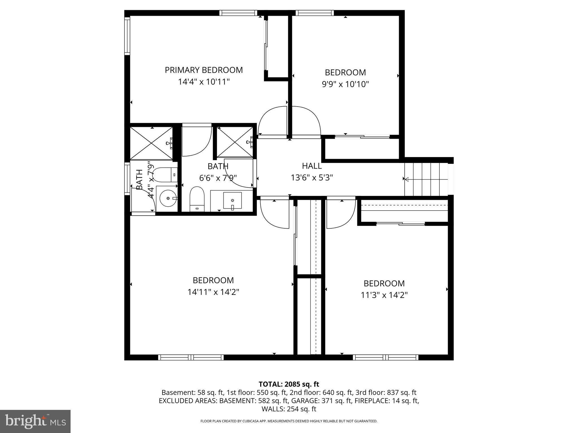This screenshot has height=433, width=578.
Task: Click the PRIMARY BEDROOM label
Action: [x=204, y=70]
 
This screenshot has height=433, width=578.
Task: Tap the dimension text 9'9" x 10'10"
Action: [x=345, y=84]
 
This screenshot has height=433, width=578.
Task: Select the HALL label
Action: [x=312, y=166]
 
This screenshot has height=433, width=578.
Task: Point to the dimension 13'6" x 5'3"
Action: [x=312, y=178]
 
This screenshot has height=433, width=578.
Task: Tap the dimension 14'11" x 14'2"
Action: [x=213, y=292]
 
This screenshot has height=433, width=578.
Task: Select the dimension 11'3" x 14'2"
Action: [x=384, y=295]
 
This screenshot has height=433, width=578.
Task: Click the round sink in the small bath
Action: [x=168, y=198]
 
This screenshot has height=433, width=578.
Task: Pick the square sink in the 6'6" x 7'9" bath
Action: [x=232, y=200]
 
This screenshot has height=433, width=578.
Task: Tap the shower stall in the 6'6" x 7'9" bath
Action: [x=235, y=142]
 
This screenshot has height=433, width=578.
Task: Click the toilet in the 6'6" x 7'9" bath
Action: [x=197, y=199]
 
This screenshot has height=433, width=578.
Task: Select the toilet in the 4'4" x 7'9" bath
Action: [x=165, y=175]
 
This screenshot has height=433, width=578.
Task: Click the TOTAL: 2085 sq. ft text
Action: [x=289, y=384]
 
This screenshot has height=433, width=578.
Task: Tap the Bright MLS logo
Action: [x=35, y=421]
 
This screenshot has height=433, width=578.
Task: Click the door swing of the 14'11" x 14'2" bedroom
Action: [x=274, y=214]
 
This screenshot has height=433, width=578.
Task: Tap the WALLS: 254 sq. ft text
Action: [x=289, y=409]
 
